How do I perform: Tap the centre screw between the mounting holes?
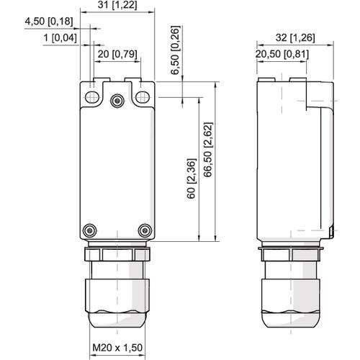click(x=116, y=101)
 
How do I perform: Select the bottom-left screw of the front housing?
click(x=89, y=230)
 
